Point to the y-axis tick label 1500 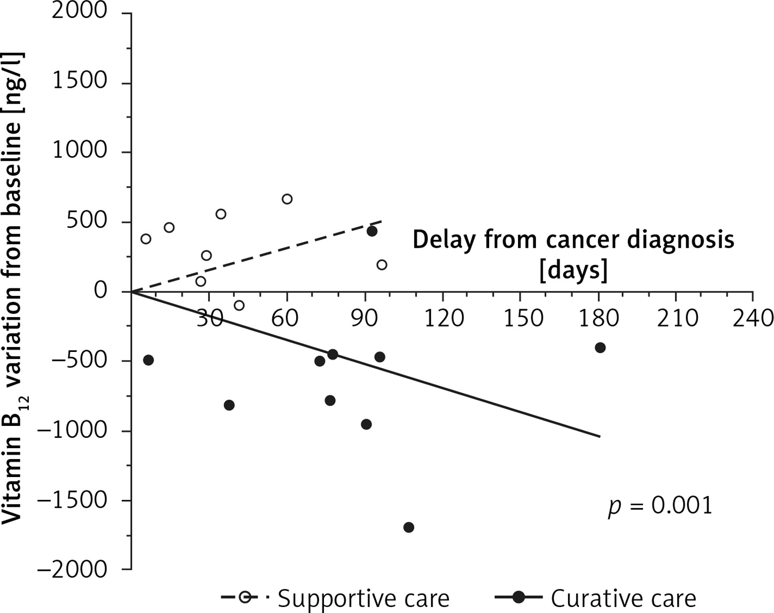coord(79,81)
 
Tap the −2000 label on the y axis coord(72,569)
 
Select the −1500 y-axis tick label coord(72,500)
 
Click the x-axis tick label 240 coord(753,318)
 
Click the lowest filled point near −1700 coord(409,527)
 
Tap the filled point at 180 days coord(600,347)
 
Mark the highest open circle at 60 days coord(287,199)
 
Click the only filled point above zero coord(372,231)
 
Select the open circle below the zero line coord(239,305)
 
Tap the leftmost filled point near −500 coord(148,360)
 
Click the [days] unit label coord(574,271)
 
